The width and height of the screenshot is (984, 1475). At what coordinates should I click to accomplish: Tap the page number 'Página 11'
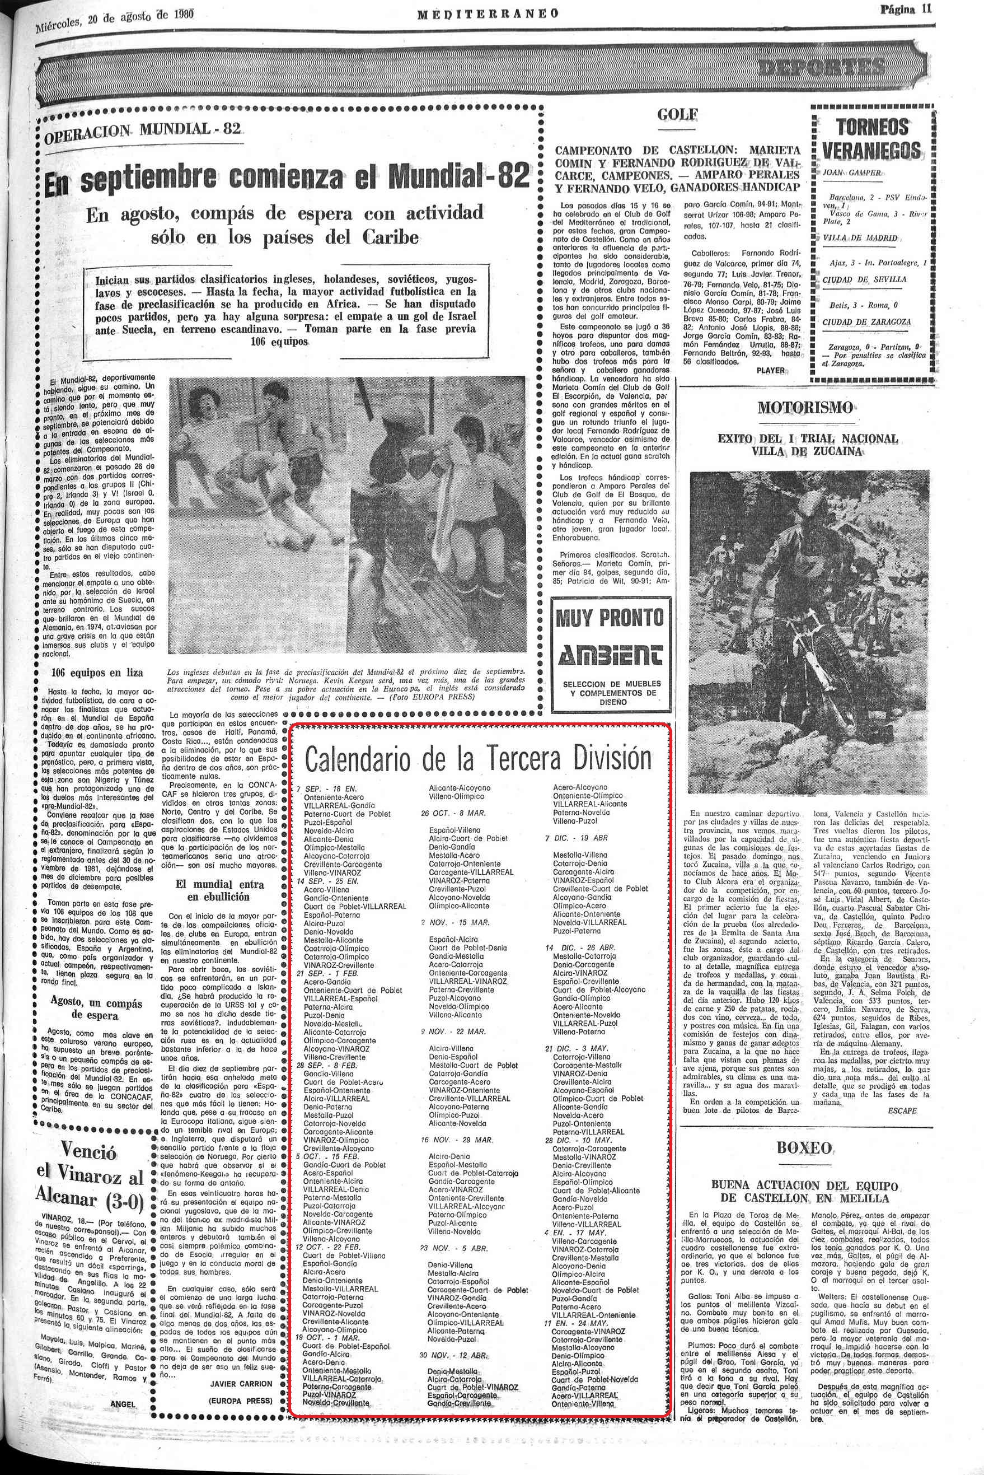pyautogui.click(x=906, y=9)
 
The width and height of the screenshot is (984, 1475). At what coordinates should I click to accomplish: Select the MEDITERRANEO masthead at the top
pyautogui.click(x=488, y=13)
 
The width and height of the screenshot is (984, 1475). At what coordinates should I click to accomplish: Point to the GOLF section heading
pyautogui.click(x=678, y=115)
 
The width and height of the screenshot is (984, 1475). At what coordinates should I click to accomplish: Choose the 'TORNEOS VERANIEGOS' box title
pyautogui.click(x=871, y=139)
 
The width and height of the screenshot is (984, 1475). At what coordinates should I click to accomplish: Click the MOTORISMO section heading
pyautogui.click(x=805, y=407)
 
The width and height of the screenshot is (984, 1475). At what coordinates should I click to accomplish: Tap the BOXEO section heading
pyautogui.click(x=804, y=1149)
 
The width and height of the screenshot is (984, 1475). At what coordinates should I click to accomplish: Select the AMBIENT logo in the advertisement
pyautogui.click(x=611, y=655)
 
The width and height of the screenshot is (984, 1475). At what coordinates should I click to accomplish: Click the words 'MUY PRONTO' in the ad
pyautogui.click(x=610, y=618)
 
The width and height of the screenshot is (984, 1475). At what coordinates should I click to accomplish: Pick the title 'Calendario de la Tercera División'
pyautogui.click(x=478, y=759)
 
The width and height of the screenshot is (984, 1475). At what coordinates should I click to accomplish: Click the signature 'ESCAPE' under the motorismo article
pyautogui.click(x=902, y=1110)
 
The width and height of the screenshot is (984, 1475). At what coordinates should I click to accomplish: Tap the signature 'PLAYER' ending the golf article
pyautogui.click(x=770, y=370)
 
